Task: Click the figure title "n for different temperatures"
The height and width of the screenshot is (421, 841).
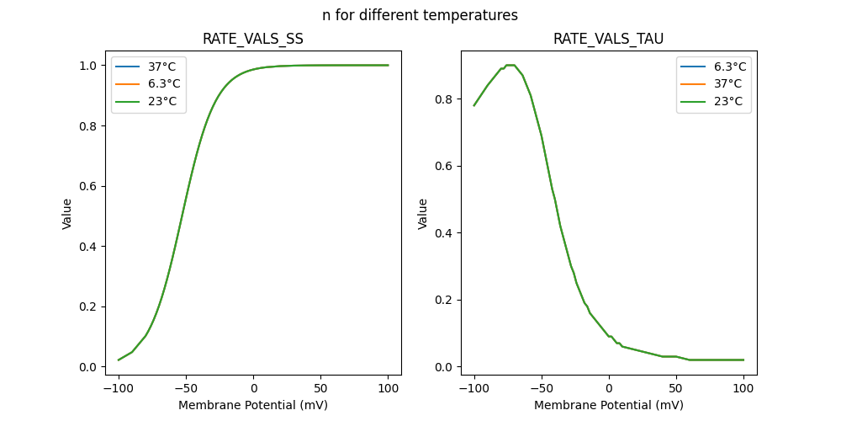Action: click(420, 15)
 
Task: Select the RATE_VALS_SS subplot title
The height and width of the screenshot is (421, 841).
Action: click(252, 40)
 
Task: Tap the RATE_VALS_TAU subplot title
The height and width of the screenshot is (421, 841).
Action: click(608, 40)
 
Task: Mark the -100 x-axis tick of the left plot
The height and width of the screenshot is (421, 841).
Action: click(119, 390)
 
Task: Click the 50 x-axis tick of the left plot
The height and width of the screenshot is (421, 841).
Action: click(320, 390)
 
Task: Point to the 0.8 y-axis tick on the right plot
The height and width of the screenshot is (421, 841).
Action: click(444, 99)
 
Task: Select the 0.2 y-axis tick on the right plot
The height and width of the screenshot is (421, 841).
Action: click(444, 300)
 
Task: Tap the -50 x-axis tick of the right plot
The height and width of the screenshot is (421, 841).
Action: click(542, 390)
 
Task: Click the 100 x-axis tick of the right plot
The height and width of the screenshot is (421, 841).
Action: click(743, 390)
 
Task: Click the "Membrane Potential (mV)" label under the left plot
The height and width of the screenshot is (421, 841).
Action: click(252, 405)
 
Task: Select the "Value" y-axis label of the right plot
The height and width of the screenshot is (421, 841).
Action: click(423, 213)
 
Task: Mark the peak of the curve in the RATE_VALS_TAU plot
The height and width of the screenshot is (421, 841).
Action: click(510, 65)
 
